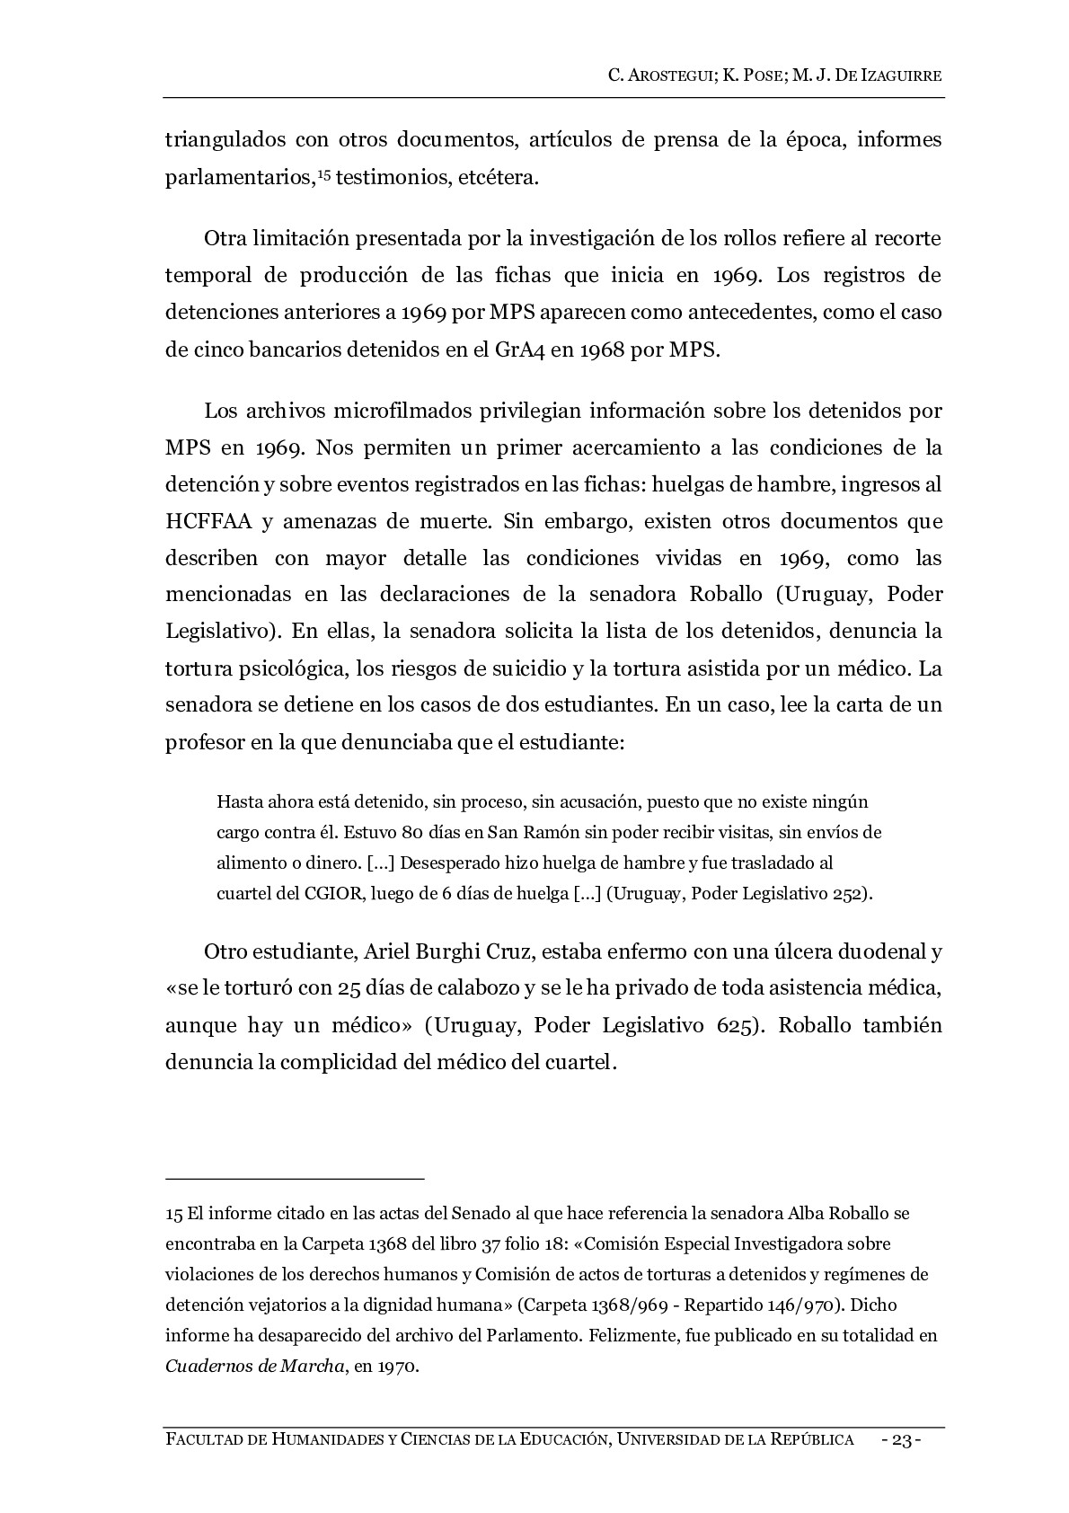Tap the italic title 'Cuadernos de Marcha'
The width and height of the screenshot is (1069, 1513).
point(255,1367)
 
